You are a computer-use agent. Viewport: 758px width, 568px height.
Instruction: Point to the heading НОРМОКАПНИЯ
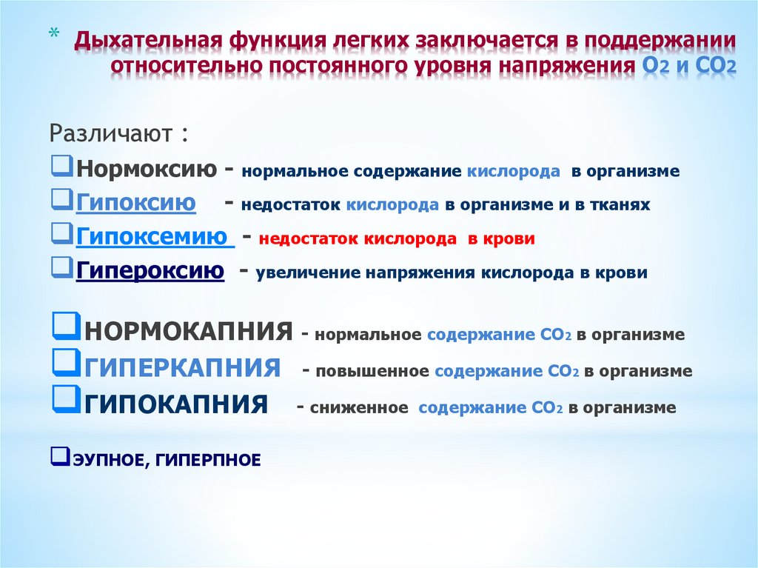tap(188, 331)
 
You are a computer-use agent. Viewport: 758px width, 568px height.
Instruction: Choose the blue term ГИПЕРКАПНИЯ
tap(182, 367)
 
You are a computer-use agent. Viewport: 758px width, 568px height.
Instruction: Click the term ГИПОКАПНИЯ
tap(175, 404)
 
